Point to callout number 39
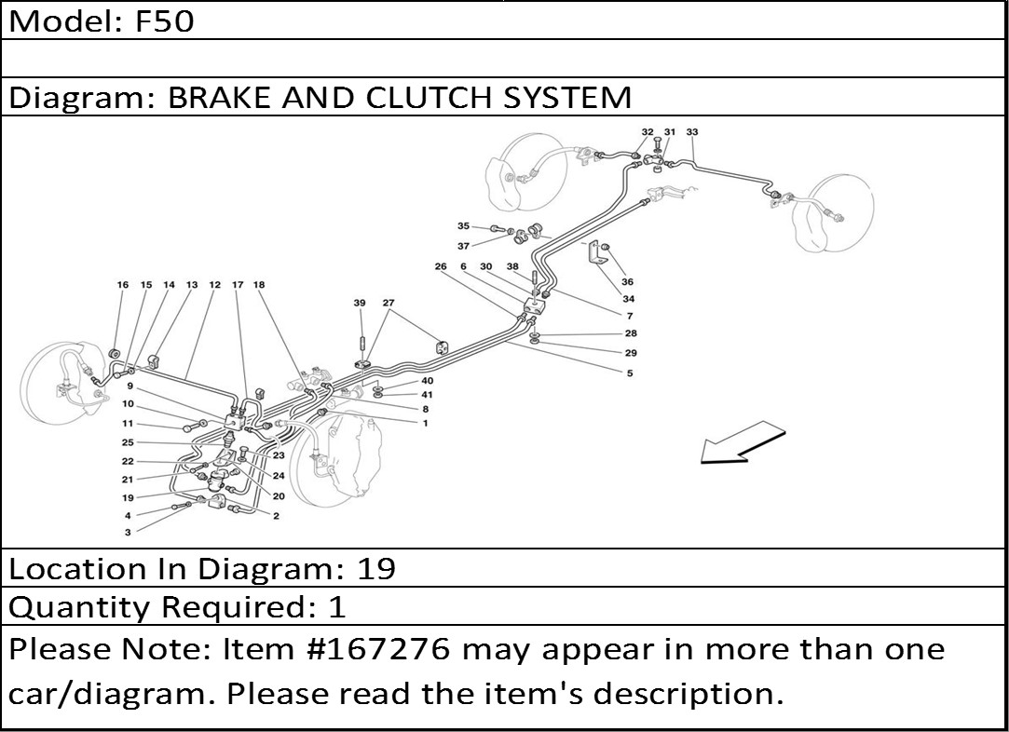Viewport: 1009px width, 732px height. pos(360,303)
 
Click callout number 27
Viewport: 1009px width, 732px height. pos(389,303)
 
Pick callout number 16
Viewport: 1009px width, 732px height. pos(122,285)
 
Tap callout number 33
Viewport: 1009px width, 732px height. pos(691,132)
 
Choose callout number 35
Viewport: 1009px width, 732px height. pos(463,226)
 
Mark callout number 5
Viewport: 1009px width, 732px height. pos(630,373)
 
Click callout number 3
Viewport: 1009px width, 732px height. pos(128,532)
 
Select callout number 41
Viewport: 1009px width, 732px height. pos(427,394)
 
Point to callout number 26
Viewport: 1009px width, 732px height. pos(441,267)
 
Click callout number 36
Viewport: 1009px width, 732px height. pos(627,282)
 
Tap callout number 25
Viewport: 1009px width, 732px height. pos(128,442)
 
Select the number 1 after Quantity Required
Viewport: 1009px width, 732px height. pos(336,607)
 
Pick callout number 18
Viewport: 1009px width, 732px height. pos(259,285)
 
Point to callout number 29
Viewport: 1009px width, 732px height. pos(631,353)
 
